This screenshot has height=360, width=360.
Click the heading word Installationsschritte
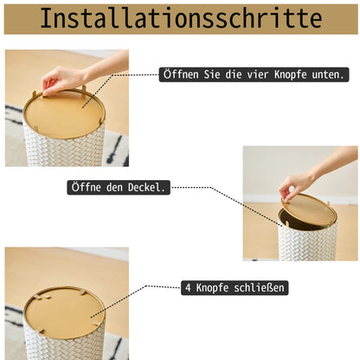(x=181, y=18)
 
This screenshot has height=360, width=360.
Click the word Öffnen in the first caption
(x=181, y=74)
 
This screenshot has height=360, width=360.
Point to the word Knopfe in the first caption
(x=290, y=74)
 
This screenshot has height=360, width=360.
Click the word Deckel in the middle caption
(x=146, y=188)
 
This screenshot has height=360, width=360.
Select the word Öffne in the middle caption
(x=86, y=187)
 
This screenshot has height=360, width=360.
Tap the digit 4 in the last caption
(x=188, y=288)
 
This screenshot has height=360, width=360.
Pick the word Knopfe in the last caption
(x=212, y=287)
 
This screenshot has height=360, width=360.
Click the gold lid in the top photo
(x=64, y=114)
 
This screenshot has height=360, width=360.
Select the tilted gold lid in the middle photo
(x=309, y=209)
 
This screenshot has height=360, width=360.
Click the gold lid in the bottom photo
(x=64, y=310)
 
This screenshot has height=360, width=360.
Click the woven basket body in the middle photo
(x=307, y=244)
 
